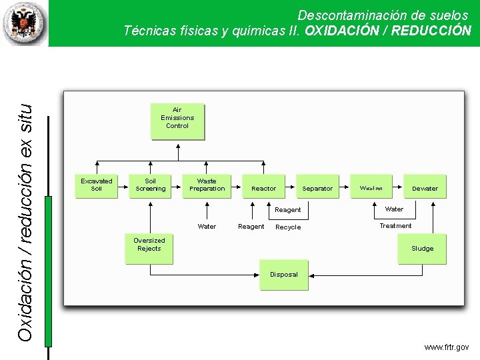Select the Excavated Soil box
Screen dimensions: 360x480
coord(97,186)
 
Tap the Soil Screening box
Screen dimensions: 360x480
coord(151,186)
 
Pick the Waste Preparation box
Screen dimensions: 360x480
coord(207,186)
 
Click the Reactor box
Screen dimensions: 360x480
coord(263,189)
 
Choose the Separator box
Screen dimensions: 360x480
coord(317,189)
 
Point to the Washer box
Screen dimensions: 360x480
coord(371,188)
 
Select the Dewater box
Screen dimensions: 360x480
coord(425,189)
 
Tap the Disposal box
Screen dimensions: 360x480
coord(284,275)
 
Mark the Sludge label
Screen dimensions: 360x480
coord(422,249)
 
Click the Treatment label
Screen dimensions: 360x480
coord(395,226)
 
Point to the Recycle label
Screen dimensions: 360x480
coord(288,227)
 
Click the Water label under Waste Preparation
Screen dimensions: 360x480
coord(207,227)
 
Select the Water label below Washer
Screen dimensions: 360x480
coord(394,209)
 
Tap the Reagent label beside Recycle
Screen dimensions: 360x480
coord(251,227)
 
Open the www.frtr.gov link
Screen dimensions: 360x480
coord(446,347)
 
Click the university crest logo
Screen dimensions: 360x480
coord(25,23)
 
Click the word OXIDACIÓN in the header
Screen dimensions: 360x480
coord(345,31)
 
